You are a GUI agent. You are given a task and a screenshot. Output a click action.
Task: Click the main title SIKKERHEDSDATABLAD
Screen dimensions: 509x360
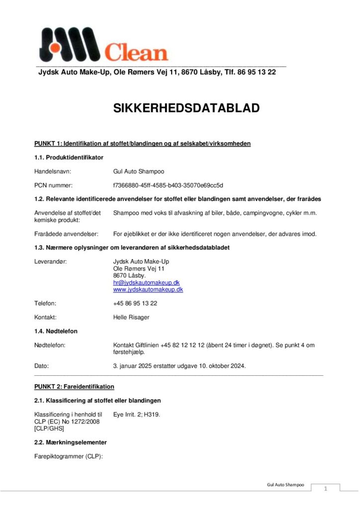click(x=186, y=108)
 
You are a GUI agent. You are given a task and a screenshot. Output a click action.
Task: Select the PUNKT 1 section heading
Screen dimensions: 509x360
click(x=142, y=144)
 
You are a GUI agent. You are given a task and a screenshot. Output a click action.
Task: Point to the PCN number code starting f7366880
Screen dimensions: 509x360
click(x=168, y=185)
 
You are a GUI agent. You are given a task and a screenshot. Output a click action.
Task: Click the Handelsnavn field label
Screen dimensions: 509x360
click(x=52, y=171)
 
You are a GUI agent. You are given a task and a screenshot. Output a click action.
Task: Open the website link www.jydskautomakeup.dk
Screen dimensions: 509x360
click(x=148, y=289)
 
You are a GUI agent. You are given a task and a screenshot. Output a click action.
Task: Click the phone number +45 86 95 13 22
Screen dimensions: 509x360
click(x=135, y=303)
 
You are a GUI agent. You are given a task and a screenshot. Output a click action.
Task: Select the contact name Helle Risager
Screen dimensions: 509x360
click(x=131, y=317)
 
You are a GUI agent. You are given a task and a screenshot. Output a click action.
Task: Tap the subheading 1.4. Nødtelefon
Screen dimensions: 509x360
click(x=56, y=331)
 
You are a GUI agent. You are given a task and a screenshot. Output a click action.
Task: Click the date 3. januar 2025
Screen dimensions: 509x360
click(x=135, y=366)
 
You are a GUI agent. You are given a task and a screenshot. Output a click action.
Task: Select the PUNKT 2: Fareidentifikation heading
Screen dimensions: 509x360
click(x=74, y=386)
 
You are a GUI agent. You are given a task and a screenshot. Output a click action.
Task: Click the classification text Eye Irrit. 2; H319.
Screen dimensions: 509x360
click(x=137, y=414)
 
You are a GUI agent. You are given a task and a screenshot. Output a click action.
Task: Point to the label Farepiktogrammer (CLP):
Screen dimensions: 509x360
click(x=68, y=456)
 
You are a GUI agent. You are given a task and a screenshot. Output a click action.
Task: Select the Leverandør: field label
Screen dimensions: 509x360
click(x=51, y=261)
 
